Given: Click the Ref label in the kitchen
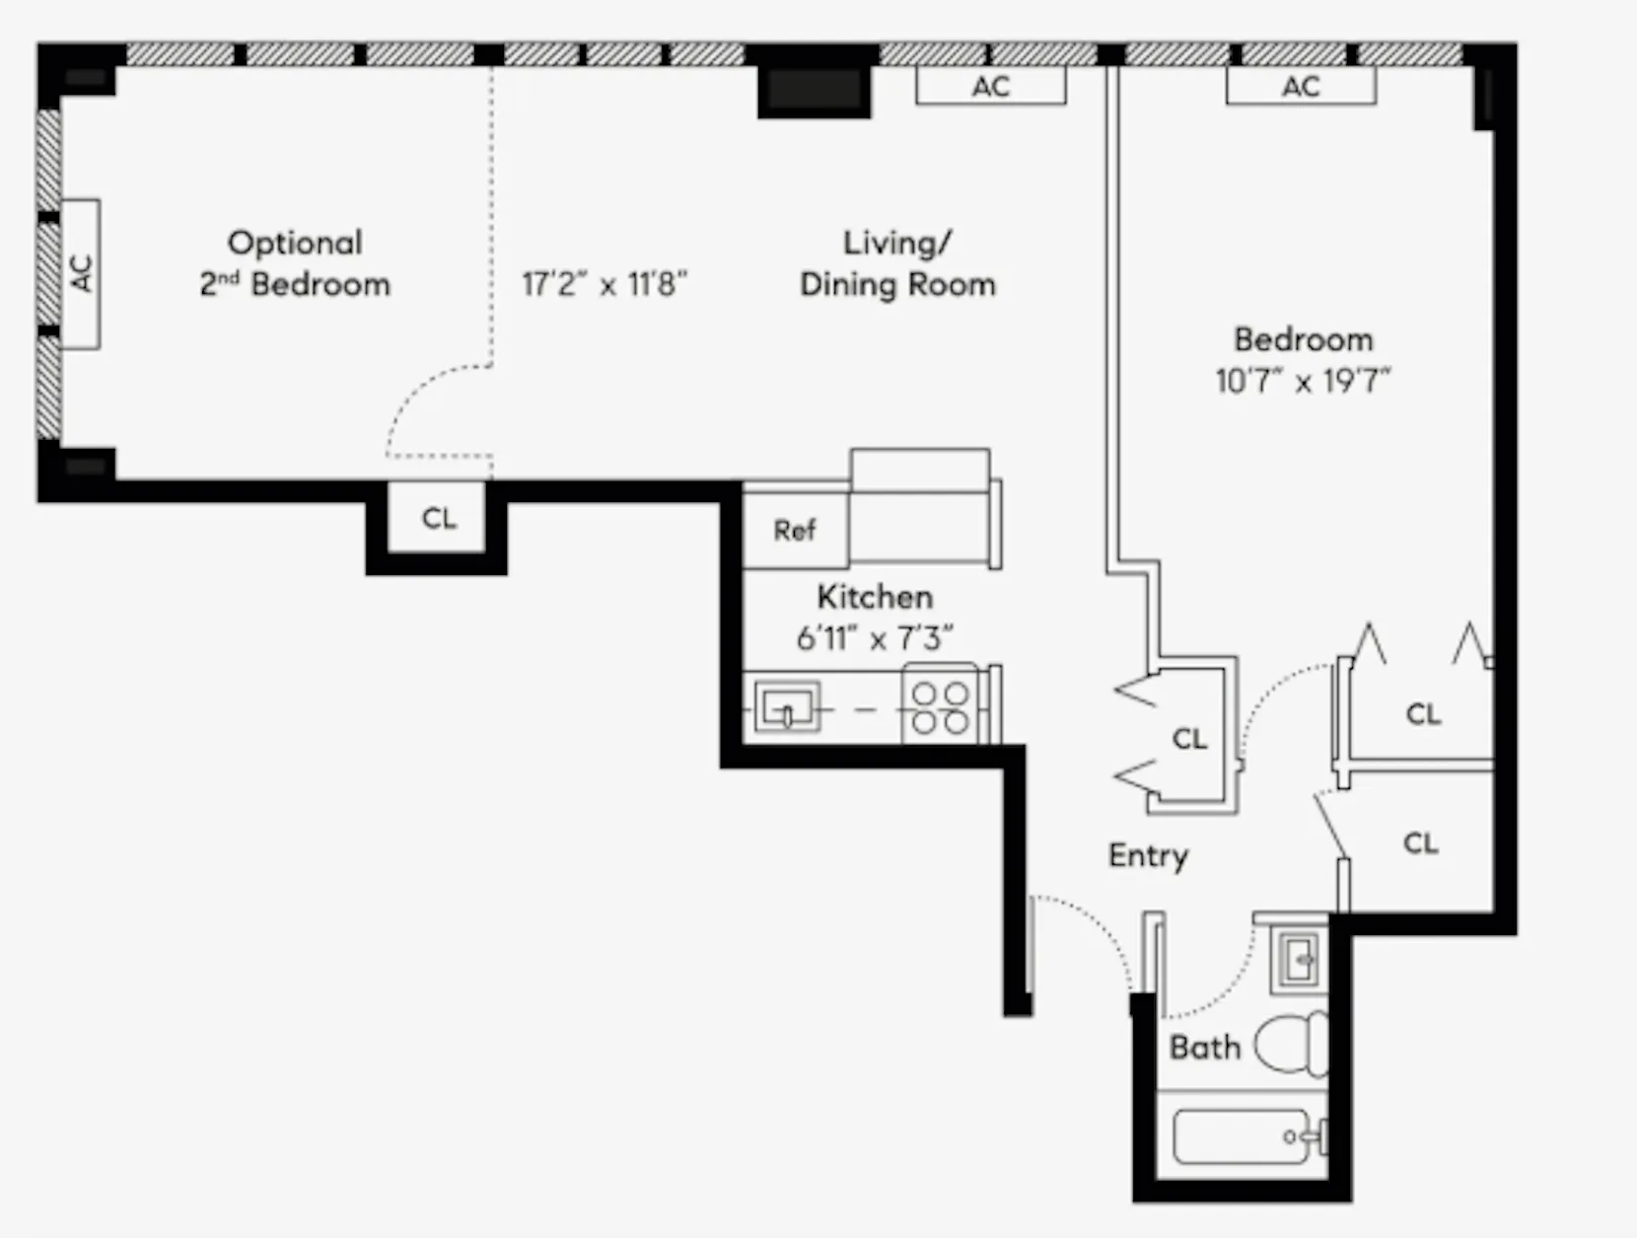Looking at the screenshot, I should (x=794, y=531).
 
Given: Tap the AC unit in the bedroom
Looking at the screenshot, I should (x=1301, y=87).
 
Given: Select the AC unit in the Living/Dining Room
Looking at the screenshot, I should (x=990, y=87).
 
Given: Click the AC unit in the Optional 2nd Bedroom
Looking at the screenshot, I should (x=82, y=273).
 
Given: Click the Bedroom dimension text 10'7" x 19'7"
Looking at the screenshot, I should (x=1302, y=381).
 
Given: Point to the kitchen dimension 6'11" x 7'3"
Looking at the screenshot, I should (x=874, y=639).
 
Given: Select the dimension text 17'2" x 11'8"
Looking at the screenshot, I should (x=604, y=285).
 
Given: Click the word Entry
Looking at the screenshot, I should (x=1148, y=855).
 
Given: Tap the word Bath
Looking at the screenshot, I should (x=1204, y=1047).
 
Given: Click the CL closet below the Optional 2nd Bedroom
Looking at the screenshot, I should (x=438, y=519).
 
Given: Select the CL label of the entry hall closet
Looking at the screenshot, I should (x=1189, y=738).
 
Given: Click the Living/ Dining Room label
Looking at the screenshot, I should (x=896, y=263).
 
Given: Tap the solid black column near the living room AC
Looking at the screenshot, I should (x=814, y=91).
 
